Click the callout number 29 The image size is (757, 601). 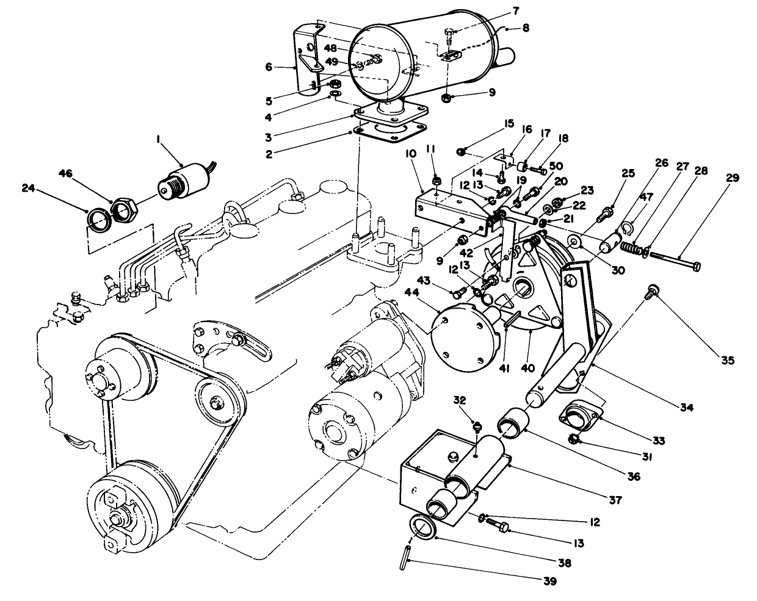[733, 178]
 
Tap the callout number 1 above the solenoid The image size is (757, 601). [158, 140]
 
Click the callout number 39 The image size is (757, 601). [550, 581]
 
